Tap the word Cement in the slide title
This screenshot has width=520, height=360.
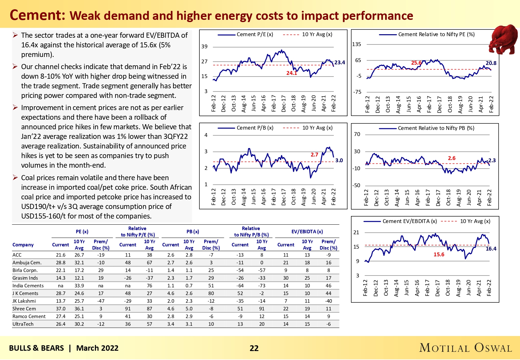37,15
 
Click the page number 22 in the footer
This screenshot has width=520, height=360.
254,348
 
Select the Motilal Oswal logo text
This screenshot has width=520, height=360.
466,348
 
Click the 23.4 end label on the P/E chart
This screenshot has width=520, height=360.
340,62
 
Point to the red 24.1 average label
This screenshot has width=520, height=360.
292,73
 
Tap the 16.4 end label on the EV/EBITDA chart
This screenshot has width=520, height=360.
491,249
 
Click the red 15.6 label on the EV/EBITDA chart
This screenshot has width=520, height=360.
439,254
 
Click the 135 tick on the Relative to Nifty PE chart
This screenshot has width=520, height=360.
356,44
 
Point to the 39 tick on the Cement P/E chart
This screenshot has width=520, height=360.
204,46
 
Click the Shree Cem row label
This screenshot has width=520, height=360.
24,309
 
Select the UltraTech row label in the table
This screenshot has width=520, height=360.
23,324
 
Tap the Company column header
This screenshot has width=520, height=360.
23,245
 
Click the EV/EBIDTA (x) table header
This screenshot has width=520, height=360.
307,231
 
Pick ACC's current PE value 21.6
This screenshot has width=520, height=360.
60,255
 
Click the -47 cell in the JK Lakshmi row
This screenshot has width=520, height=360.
101,301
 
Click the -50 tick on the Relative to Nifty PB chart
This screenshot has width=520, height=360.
356,185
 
